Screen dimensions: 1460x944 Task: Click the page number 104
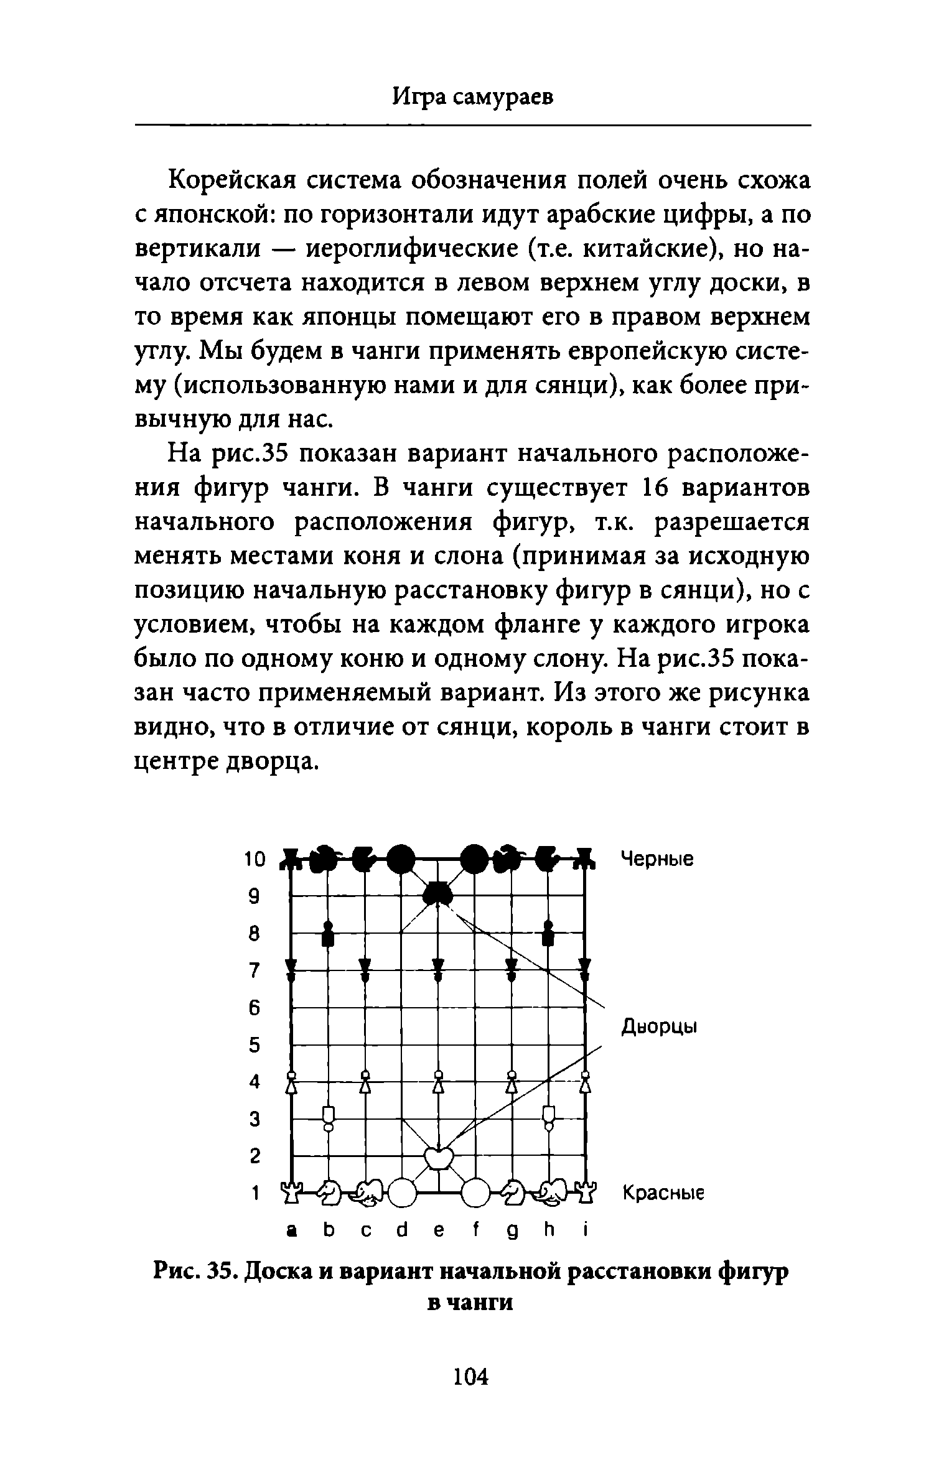click(471, 1377)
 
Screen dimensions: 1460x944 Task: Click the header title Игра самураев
click(473, 96)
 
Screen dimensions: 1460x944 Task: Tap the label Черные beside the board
click(657, 859)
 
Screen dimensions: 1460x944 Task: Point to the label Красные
click(663, 1193)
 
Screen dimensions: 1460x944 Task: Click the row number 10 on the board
click(254, 859)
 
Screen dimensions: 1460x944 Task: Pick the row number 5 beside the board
click(254, 1045)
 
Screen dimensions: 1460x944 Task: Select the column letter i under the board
click(585, 1230)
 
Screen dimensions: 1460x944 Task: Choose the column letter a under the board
click(289, 1230)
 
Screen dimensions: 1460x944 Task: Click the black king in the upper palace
click(438, 894)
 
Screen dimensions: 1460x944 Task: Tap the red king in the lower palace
click(438, 1158)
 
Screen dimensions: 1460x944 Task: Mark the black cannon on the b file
click(328, 932)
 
